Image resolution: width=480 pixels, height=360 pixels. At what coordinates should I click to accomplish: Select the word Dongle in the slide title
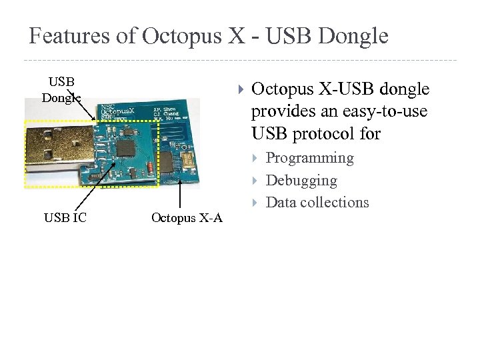coord(353,36)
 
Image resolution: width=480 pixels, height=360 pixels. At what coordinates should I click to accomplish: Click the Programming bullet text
coord(309,158)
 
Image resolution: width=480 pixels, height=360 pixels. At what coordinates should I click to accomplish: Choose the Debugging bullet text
coord(301,180)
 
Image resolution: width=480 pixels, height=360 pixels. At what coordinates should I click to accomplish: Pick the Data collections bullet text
coord(317,203)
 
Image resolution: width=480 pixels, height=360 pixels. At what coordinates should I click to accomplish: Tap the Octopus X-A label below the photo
coord(187,217)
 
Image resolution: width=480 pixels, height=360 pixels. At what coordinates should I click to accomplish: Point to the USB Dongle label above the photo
coord(61,90)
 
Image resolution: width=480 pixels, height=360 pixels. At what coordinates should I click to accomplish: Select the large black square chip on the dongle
coord(125,148)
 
